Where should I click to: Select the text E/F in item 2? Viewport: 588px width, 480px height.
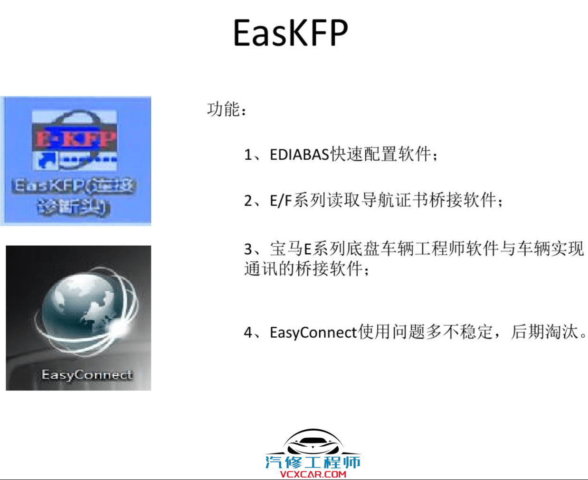tap(280, 201)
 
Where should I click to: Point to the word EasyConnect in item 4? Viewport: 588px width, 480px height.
tap(313, 332)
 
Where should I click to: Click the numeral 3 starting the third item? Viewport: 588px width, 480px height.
tap(248, 249)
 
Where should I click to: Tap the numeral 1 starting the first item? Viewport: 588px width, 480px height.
tap(248, 155)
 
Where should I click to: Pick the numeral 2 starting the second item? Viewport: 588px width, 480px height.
tap(248, 201)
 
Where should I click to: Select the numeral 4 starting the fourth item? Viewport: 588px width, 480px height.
tap(248, 332)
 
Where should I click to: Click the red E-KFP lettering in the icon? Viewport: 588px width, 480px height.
tap(76, 139)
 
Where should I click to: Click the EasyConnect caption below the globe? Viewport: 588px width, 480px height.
tap(87, 375)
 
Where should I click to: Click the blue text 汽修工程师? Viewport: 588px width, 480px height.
tap(313, 462)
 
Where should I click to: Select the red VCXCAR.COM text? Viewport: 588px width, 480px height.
tap(313, 474)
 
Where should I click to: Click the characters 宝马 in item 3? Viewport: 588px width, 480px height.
tap(286, 249)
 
